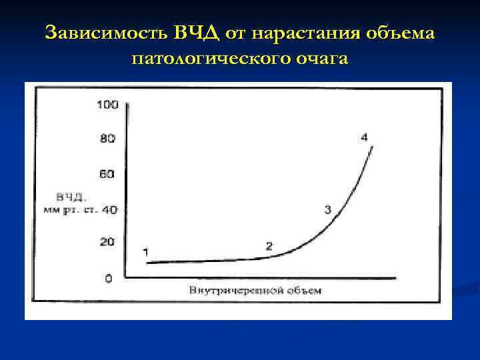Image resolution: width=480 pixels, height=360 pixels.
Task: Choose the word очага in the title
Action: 321,59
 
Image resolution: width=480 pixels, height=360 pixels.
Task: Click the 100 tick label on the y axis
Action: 107,104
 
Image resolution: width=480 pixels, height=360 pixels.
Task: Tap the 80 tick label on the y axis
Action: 107,139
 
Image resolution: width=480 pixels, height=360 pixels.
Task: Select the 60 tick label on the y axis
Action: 107,174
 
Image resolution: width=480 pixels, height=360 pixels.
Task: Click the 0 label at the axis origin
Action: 109,278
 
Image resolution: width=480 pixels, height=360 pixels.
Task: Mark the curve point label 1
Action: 145,251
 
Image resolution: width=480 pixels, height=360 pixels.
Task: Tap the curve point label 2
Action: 269,246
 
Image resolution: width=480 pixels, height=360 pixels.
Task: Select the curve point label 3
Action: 327,210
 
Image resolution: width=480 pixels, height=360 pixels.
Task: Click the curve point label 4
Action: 364,137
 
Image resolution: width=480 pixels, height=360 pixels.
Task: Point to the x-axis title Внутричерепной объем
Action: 255,291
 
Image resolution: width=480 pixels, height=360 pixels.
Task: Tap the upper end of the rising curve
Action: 372,147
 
